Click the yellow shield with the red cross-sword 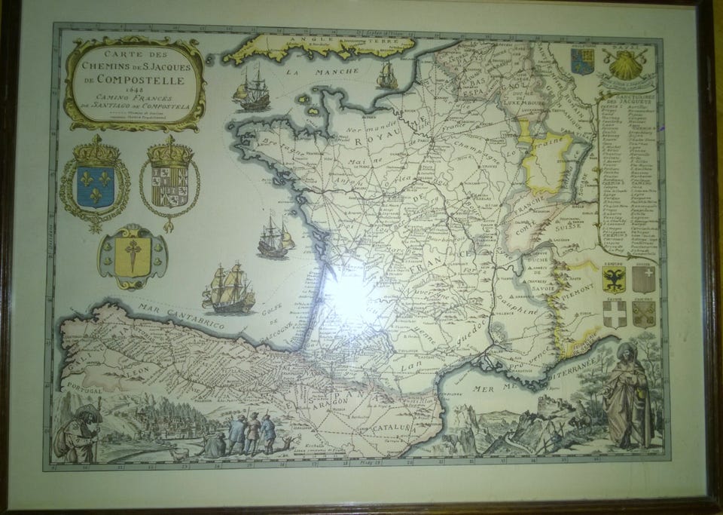click(x=133, y=257)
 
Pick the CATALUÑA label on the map click(x=384, y=428)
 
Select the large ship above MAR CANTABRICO click(x=228, y=288)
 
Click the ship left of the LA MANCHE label click(x=252, y=88)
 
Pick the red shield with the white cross click(x=615, y=314)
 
